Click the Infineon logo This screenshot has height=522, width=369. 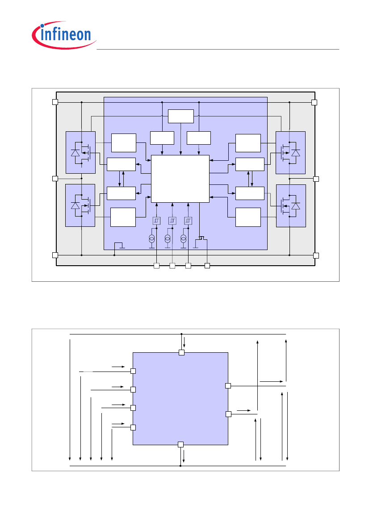64,35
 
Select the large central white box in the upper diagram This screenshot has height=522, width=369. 180,179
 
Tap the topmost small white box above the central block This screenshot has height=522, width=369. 181,116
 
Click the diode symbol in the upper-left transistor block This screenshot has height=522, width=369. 75,153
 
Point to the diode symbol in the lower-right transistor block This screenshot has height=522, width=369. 295,206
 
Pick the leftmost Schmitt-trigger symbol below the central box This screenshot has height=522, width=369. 156,221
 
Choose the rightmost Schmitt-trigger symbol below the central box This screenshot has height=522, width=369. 188,221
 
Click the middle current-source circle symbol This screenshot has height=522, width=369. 168,238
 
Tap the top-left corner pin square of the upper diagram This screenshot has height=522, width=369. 55,102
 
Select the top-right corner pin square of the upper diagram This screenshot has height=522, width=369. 314,102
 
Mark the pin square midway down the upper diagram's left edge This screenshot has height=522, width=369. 55,179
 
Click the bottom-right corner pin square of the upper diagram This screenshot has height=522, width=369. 316,256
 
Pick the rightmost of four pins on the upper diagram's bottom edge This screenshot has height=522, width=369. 207,266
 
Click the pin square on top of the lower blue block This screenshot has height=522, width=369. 181,353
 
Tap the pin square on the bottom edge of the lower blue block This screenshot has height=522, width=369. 180,444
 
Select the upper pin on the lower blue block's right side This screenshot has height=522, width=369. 228,386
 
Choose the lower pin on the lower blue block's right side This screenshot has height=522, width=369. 228,414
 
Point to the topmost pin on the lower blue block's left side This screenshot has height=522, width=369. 133,371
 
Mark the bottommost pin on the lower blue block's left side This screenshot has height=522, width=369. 133,428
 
